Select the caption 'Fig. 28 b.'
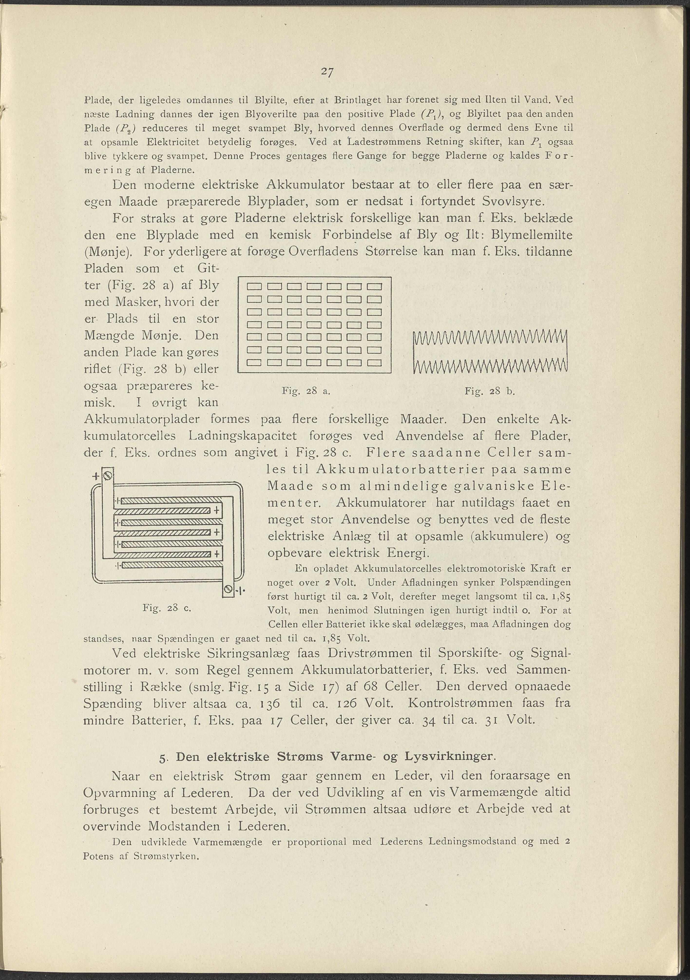(x=490, y=390)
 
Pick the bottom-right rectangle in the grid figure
(x=373, y=363)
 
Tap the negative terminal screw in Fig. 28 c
(x=229, y=590)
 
